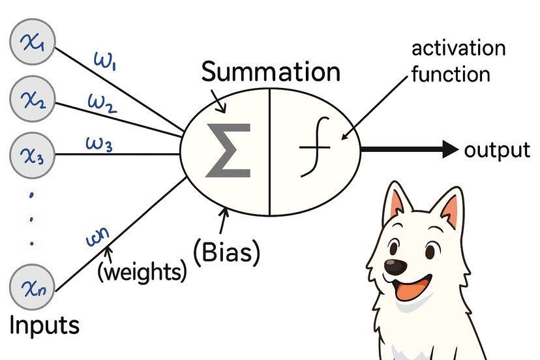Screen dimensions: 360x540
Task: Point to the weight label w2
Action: [x=102, y=102]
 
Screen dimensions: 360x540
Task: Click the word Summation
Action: [x=271, y=72]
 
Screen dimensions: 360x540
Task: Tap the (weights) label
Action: [x=142, y=271]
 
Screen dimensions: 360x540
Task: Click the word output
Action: [x=497, y=151]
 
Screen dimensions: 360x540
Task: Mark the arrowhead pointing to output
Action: [x=450, y=149]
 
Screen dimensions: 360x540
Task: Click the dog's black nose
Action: [x=394, y=266]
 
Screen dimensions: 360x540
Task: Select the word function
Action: [x=450, y=74]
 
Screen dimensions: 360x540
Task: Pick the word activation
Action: [x=458, y=50]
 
